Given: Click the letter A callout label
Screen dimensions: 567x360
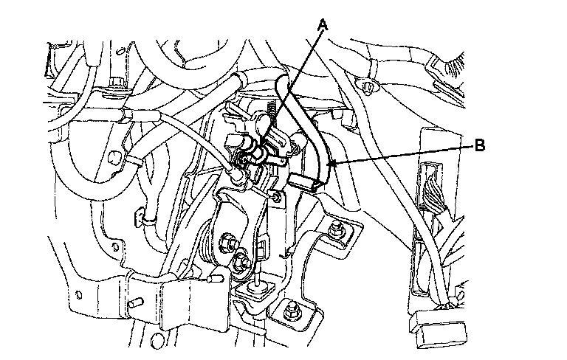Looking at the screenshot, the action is tap(323, 25).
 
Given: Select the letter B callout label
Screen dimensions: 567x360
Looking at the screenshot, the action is tap(479, 146).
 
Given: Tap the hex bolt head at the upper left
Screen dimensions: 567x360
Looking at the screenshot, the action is tap(117, 82).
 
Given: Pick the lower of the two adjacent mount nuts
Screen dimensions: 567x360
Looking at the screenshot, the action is tap(241, 259).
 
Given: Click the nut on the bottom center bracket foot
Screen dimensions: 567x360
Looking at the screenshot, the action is tap(290, 311).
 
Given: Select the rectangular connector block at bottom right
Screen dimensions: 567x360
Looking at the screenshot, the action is tap(438, 330).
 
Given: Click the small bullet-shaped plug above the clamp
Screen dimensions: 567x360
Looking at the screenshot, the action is tap(216, 279).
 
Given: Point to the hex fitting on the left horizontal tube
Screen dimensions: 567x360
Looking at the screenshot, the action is tap(133, 117).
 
